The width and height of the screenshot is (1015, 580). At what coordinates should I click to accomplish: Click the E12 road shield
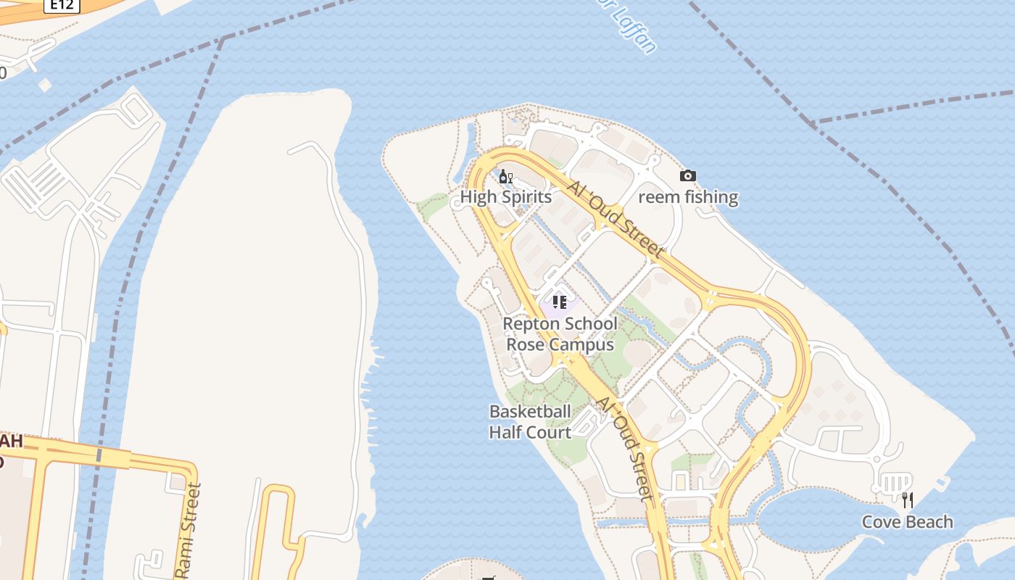[62, 5]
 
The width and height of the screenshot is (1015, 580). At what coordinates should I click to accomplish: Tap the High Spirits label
[506, 197]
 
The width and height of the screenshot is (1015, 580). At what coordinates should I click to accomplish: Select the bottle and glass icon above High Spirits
[506, 177]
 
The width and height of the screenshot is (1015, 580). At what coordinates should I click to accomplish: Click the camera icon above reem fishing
[688, 175]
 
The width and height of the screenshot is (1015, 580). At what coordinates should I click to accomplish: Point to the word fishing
[711, 197]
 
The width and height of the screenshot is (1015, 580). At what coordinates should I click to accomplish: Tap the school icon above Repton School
[559, 302]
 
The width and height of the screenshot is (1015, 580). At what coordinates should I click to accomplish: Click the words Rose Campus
[560, 344]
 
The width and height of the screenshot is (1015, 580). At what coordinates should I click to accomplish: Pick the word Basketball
[530, 412]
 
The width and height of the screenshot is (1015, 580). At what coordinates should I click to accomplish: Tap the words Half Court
[530, 432]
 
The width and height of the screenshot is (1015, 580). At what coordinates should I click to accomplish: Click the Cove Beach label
[907, 522]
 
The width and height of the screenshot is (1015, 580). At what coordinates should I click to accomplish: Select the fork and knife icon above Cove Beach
[907, 500]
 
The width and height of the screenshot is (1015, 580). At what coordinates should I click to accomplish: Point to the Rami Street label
[188, 529]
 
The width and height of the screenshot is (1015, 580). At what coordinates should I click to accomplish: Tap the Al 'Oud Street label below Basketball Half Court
[625, 448]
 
